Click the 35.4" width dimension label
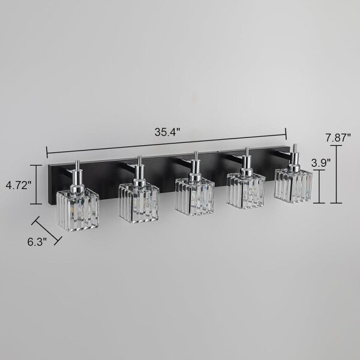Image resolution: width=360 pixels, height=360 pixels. (x=167, y=132)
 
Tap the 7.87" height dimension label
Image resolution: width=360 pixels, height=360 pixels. (x=338, y=138)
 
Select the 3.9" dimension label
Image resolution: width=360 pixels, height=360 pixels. (x=321, y=163)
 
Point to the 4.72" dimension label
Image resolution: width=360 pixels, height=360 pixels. (x=19, y=185)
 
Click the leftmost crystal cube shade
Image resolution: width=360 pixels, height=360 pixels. (x=78, y=211)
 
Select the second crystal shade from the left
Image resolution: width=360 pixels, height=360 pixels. (x=139, y=203)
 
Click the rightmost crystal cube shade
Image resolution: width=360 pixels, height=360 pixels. (x=293, y=185)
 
